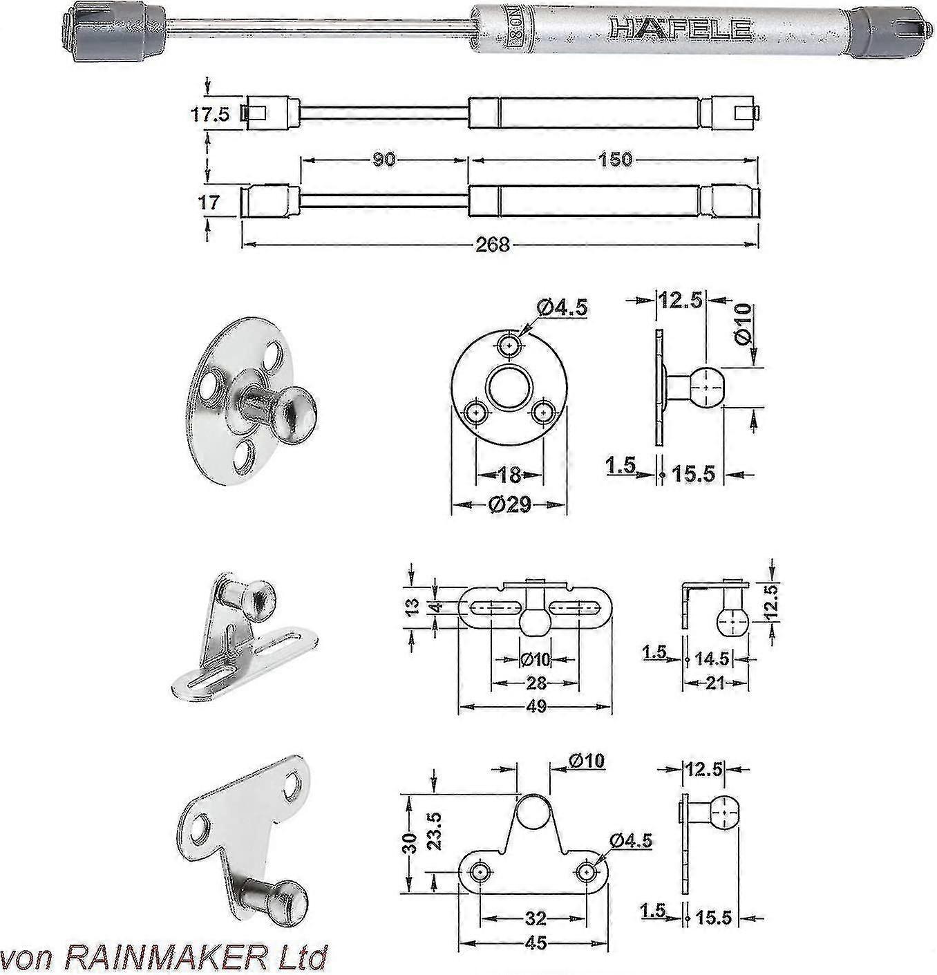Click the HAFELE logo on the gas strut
pos(680,28)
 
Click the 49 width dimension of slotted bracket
pos(536,706)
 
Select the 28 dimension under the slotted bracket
pos(536,683)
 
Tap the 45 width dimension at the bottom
pos(536,943)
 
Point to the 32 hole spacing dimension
pos(536,918)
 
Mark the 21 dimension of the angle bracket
pos(716,683)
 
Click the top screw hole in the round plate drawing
pos(510,343)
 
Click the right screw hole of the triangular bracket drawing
pos(587,872)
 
